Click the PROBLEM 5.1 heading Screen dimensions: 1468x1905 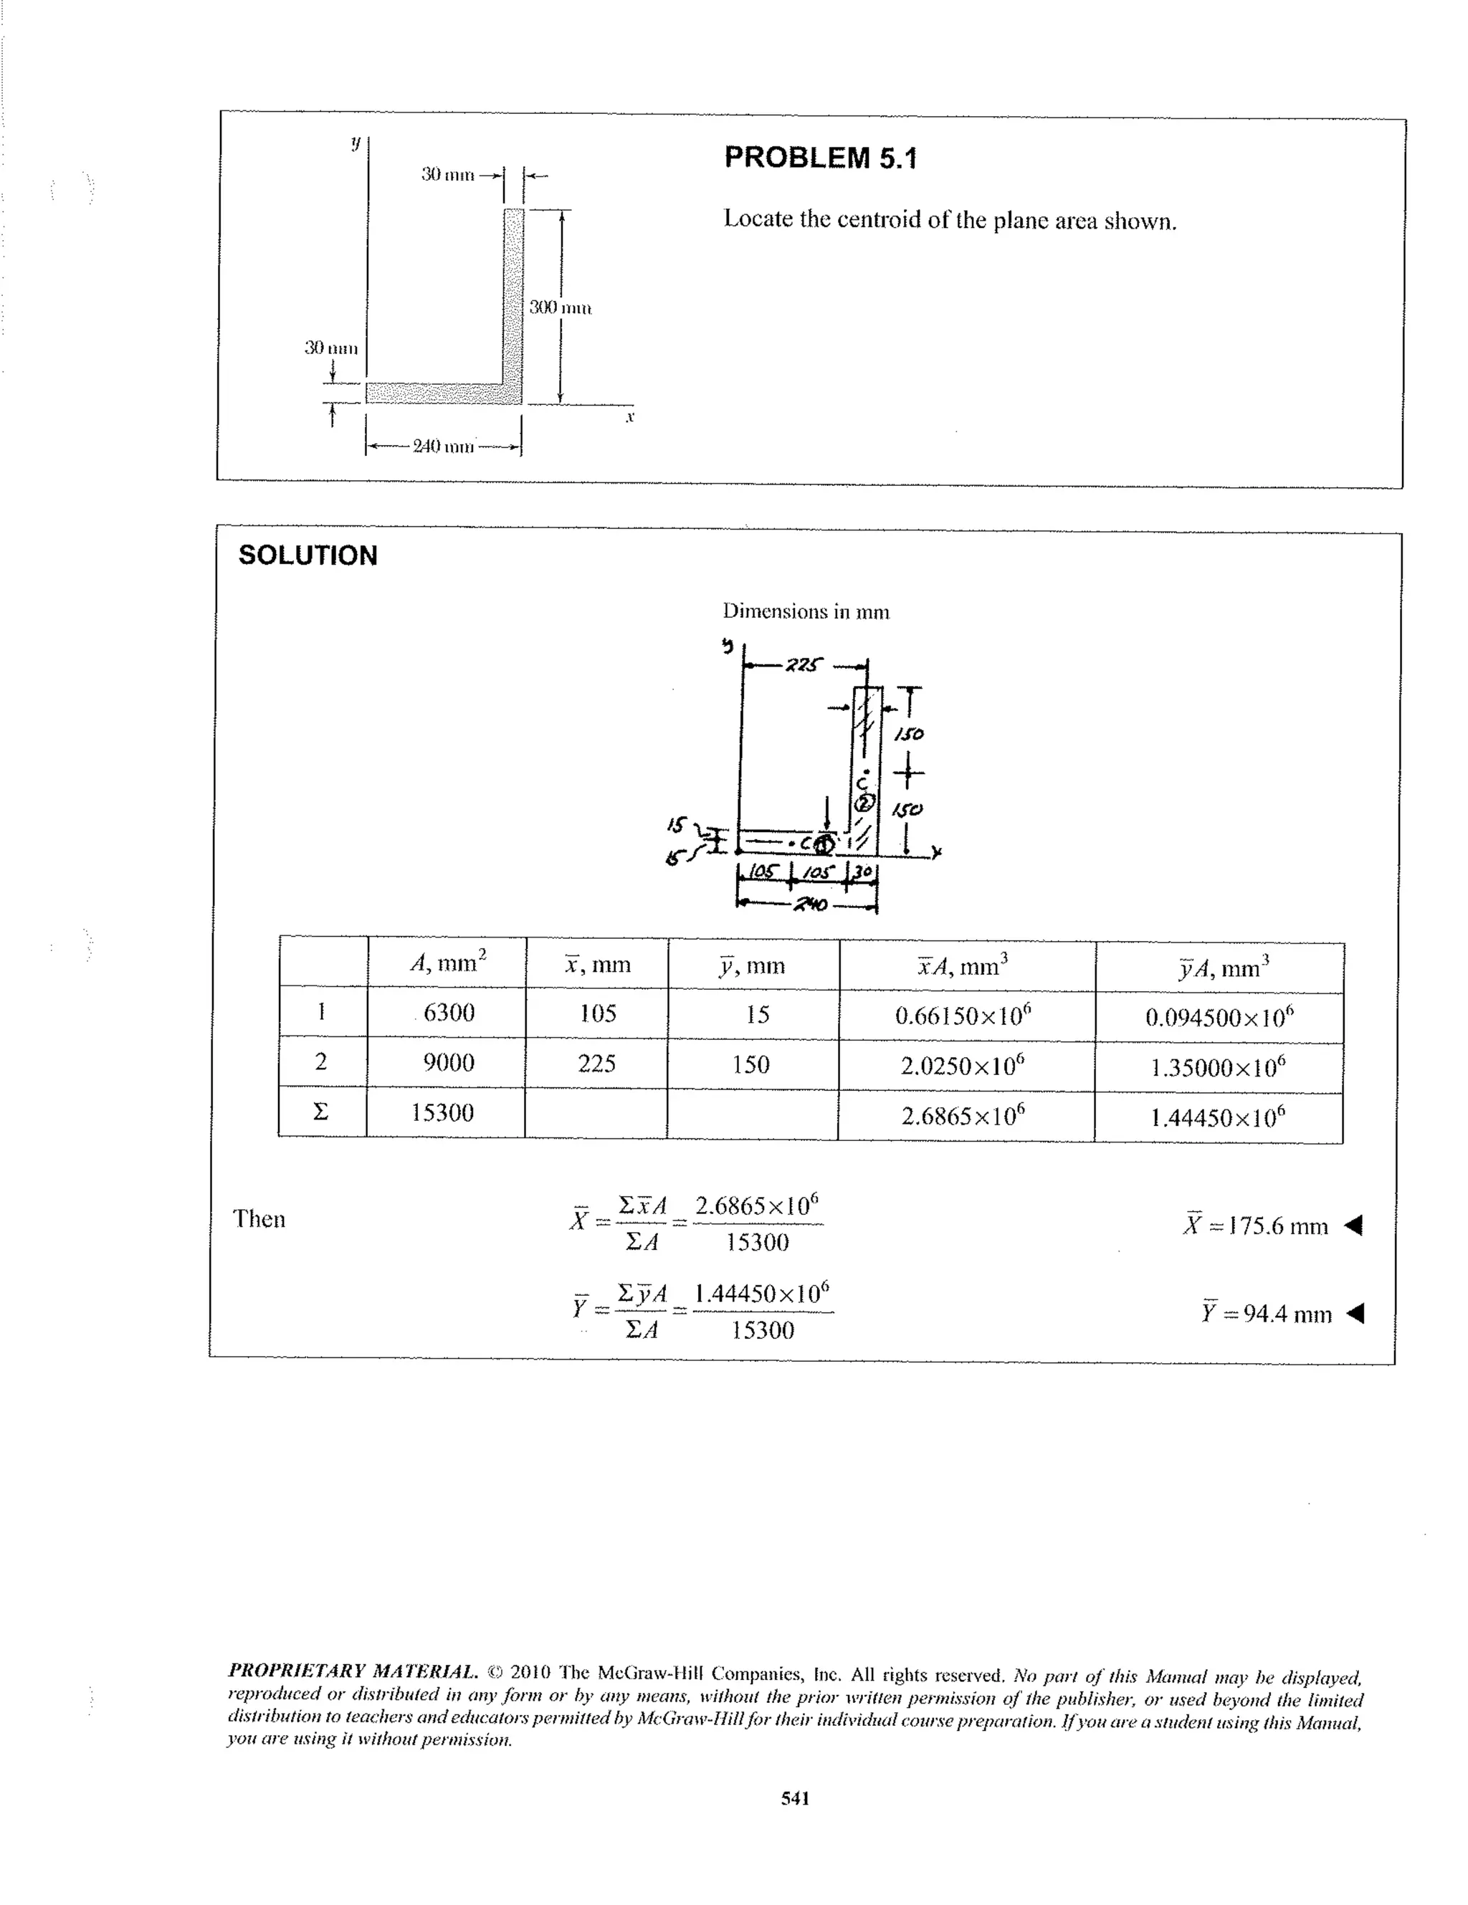820,158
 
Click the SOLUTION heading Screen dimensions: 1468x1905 308,555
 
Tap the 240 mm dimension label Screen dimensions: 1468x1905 443,447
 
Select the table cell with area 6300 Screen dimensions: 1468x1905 448,1013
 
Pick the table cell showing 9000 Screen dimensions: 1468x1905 448,1062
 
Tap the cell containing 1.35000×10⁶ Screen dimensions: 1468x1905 1218,1066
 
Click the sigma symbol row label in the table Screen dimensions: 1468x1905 321,1111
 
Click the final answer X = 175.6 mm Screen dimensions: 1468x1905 1255,1226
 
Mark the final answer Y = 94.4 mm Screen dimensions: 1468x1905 1266,1313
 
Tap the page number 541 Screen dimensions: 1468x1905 796,1797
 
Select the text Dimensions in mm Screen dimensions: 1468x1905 806,611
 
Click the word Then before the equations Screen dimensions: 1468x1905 259,1218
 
